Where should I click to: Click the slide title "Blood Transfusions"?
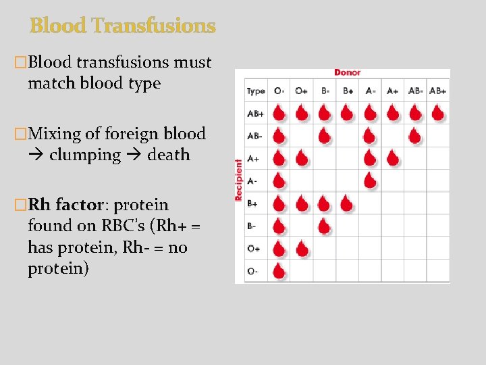(x=122, y=26)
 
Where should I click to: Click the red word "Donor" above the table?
(x=348, y=72)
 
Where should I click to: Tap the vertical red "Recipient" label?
(x=238, y=180)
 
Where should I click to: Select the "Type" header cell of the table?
(x=256, y=91)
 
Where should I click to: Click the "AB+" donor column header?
(x=438, y=91)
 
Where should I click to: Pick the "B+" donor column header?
(x=348, y=91)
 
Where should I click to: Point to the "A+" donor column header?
(x=393, y=91)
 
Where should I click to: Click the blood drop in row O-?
(x=279, y=271)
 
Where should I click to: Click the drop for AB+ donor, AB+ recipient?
(x=438, y=112)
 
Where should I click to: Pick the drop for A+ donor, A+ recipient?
(x=393, y=158)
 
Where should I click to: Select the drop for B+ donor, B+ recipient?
(x=347, y=203)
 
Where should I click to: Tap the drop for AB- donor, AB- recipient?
(x=415, y=135)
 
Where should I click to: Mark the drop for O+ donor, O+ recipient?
(x=302, y=249)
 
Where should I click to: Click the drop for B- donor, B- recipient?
(x=324, y=226)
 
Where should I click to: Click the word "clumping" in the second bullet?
(x=84, y=155)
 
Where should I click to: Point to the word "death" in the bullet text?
(x=169, y=155)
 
